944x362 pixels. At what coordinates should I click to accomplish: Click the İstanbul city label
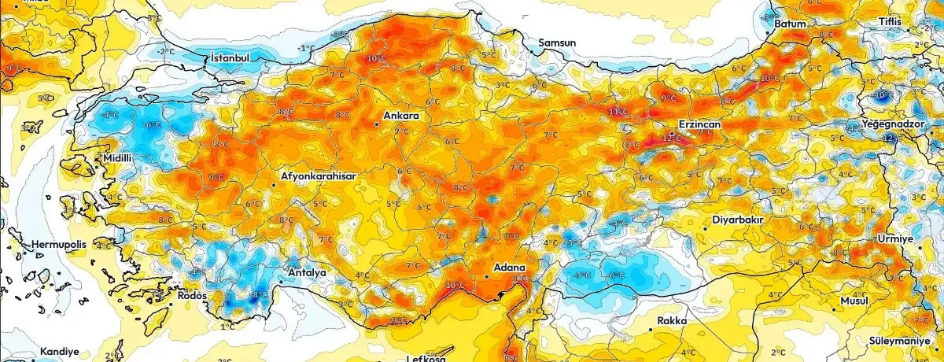230,58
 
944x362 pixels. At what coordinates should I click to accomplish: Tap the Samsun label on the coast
557,42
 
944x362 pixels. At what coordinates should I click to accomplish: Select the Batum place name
791,24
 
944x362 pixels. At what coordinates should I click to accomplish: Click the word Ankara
401,116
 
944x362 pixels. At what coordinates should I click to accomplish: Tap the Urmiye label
895,238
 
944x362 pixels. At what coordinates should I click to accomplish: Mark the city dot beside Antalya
282,280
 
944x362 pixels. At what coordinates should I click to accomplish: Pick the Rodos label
193,296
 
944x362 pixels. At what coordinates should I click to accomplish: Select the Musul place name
853,301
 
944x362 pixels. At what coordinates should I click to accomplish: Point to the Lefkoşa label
426,358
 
